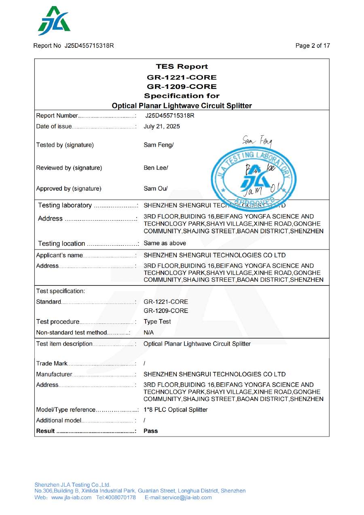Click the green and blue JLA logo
[x=54, y=21]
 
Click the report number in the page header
[x=89, y=46]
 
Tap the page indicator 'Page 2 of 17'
[x=313, y=46]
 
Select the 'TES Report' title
[x=182, y=67]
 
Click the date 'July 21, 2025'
[x=162, y=127]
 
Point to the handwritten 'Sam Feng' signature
[x=257, y=141]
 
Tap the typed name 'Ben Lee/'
[x=156, y=167]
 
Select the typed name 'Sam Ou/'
[x=155, y=188]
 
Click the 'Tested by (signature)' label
[x=65, y=145]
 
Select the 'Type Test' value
[x=157, y=322]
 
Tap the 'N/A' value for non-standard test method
[x=149, y=333]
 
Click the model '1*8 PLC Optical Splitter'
[x=176, y=409]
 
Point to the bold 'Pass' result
[x=151, y=431]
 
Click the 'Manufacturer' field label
[x=54, y=374]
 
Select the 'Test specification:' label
[x=61, y=291]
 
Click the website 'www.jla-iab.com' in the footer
[x=72, y=497]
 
